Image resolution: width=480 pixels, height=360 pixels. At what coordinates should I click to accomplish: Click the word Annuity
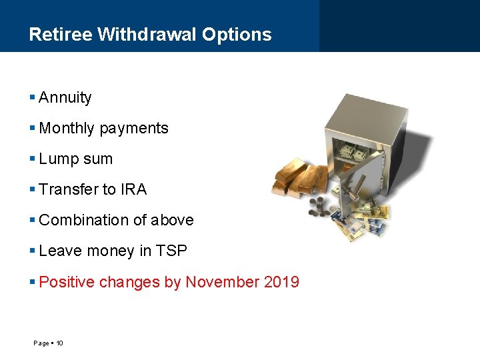65,98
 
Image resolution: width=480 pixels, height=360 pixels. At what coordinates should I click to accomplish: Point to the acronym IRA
133,190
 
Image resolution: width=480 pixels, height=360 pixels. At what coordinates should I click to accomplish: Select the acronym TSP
171,251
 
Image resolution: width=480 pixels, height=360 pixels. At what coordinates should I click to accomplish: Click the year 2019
281,283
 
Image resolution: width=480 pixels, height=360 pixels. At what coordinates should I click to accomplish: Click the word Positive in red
67,283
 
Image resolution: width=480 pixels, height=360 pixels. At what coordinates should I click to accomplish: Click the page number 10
59,343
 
